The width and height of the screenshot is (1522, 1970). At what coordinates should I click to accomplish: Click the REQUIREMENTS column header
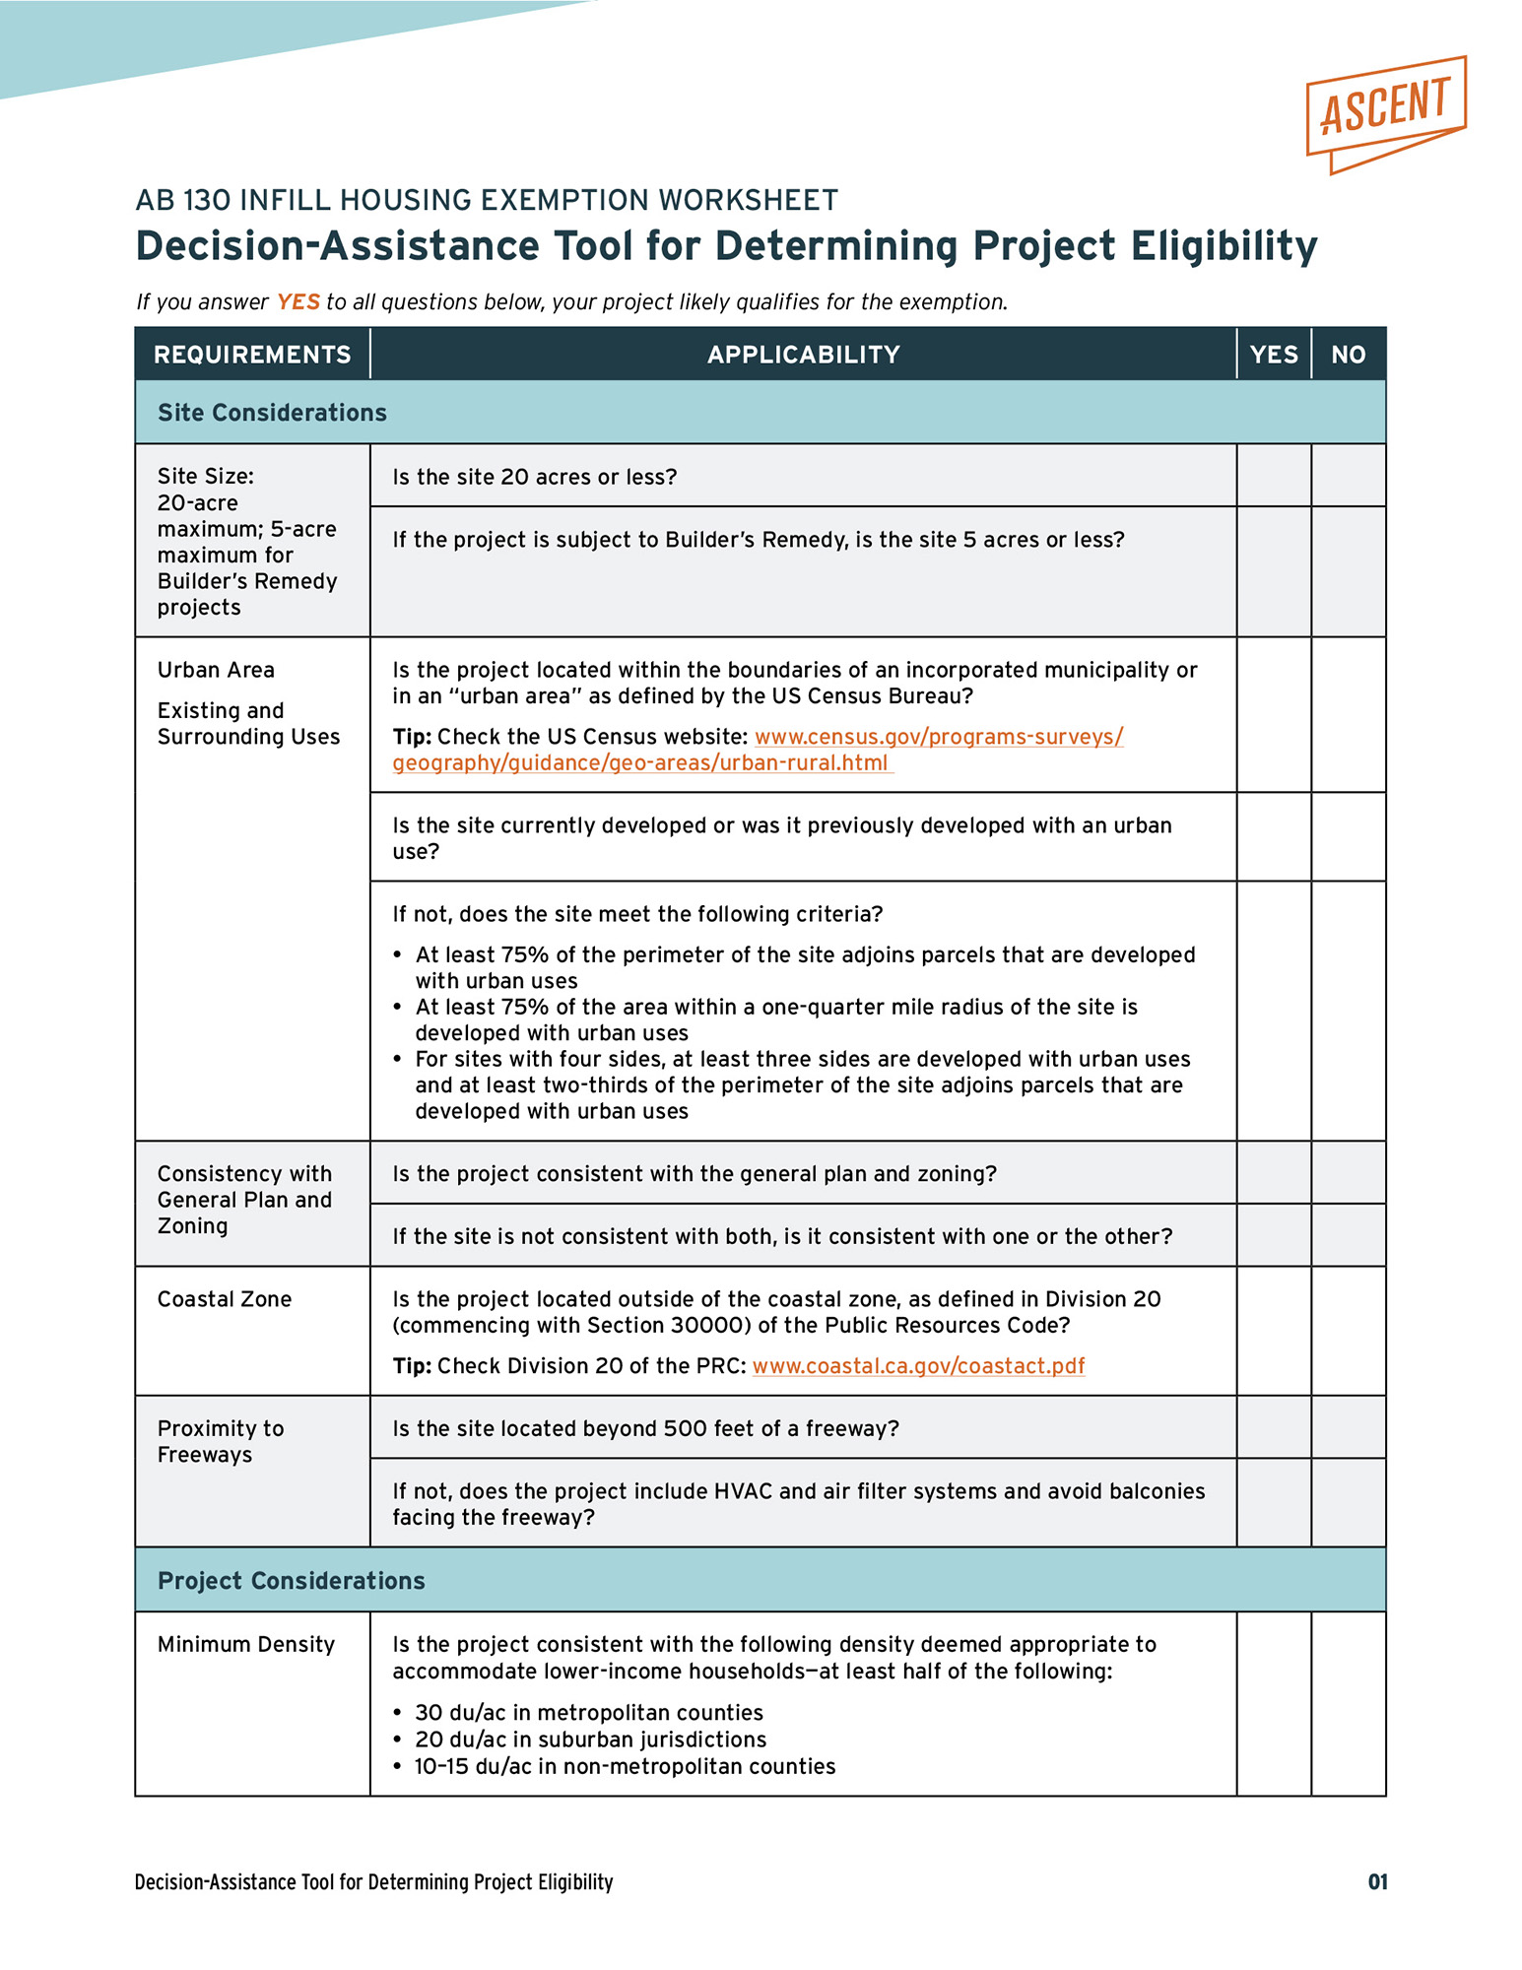click(x=252, y=355)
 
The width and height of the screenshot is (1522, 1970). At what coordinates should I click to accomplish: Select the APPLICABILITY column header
click(x=803, y=355)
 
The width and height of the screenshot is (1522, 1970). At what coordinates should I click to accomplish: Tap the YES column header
click(x=1273, y=355)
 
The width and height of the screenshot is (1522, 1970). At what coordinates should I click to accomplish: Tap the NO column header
click(x=1348, y=355)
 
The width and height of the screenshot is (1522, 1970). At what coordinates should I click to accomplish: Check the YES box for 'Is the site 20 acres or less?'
click(x=1274, y=476)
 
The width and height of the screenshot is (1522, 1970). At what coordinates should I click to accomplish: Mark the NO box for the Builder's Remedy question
click(x=1349, y=571)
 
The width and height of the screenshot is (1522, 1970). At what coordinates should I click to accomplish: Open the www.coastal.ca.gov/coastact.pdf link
click(x=918, y=1366)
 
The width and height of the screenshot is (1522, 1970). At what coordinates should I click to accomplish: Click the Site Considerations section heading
click(x=272, y=413)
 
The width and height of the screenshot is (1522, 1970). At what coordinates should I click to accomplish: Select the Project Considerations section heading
click(x=292, y=1581)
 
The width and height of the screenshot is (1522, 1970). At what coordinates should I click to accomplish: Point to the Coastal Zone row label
click(x=225, y=1299)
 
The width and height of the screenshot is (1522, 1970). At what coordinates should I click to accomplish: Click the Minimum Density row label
click(x=246, y=1644)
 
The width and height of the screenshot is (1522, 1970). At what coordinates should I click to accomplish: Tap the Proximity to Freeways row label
click(x=221, y=1441)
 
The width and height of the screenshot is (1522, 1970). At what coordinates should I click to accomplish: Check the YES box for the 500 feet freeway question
click(x=1274, y=1427)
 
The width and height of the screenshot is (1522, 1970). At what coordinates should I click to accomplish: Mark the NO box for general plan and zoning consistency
click(x=1349, y=1173)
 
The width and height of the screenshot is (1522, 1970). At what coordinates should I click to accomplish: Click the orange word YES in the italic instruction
click(x=298, y=302)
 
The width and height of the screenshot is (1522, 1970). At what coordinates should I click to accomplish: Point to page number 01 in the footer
click(x=1377, y=1882)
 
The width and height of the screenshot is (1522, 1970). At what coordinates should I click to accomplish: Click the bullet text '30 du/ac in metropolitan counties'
click(x=589, y=1713)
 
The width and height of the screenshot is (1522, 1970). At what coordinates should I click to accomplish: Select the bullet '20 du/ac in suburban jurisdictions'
click(x=590, y=1740)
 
